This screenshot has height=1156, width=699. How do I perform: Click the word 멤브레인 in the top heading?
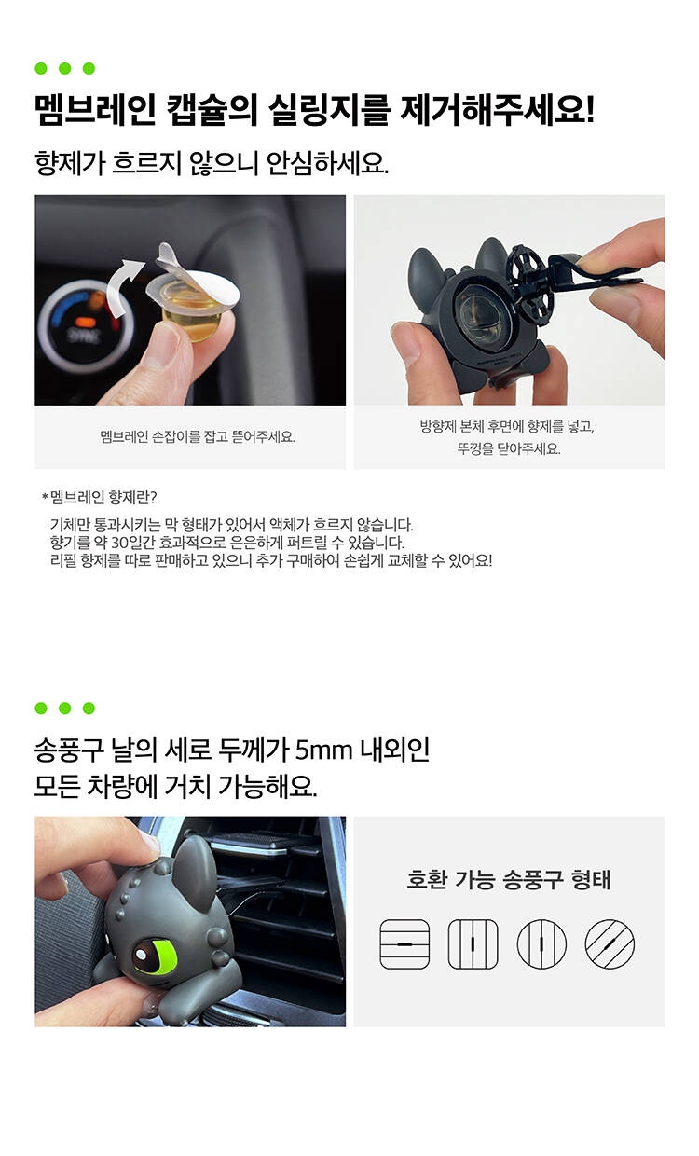[95, 110]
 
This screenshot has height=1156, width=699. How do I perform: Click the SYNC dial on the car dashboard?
[86, 326]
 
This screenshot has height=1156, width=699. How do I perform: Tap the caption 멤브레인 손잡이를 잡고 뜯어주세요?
[198, 437]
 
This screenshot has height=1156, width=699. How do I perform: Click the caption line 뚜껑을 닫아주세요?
[509, 448]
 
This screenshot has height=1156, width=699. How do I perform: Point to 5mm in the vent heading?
[323, 750]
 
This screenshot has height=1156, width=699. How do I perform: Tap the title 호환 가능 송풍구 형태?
[509, 879]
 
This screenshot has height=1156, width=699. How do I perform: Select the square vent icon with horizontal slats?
[404, 943]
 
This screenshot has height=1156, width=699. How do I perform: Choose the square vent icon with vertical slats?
[473, 943]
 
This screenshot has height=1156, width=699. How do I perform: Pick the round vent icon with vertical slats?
[541, 943]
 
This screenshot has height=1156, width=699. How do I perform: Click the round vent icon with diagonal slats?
[610, 943]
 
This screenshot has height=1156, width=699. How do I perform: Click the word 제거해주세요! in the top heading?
[497, 110]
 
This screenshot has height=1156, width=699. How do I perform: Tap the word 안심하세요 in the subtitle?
[327, 163]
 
